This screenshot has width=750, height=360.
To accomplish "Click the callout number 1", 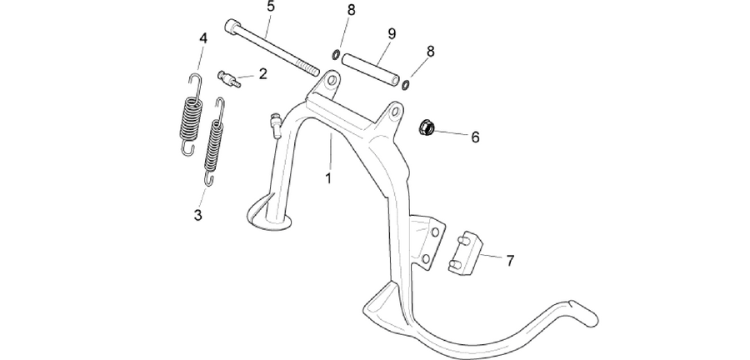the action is (x=328, y=178).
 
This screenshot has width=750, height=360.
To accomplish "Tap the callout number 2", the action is (x=262, y=74).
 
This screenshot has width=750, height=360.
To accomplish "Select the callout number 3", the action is (x=197, y=215).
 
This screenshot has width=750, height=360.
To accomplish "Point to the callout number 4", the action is (x=203, y=38).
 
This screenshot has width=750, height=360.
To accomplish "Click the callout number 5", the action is (x=271, y=7).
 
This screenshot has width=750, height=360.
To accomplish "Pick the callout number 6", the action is (x=475, y=137).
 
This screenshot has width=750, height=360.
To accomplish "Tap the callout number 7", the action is (x=510, y=261).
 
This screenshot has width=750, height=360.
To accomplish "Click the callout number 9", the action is (x=392, y=34).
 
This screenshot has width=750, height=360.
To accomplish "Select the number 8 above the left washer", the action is (x=352, y=11).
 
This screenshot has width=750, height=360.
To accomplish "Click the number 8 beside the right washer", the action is (x=431, y=52).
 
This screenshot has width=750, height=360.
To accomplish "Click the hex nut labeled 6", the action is (x=427, y=127).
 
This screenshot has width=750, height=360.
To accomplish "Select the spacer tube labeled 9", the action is (x=369, y=70).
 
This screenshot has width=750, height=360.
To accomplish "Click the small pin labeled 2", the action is (x=229, y=78).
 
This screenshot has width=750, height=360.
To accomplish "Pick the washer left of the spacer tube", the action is (x=337, y=55).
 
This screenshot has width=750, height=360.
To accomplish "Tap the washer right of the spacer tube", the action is (x=405, y=85).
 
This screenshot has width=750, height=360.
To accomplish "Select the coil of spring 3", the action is (x=213, y=147).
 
